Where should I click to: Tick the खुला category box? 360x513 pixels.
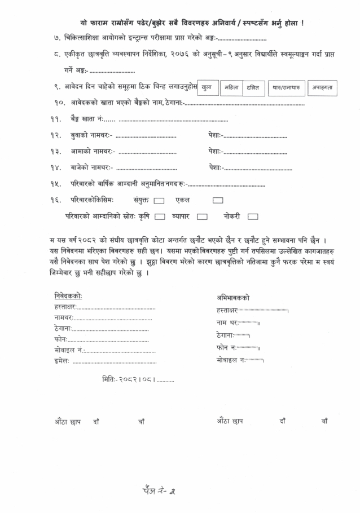coord(207,87)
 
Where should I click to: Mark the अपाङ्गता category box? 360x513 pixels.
coord(323,87)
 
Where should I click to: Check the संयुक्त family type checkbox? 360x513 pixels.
coord(159,200)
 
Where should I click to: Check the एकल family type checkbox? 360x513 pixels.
coord(218,200)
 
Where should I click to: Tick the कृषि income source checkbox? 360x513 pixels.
coord(160,216)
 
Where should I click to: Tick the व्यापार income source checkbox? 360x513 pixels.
coord(202,216)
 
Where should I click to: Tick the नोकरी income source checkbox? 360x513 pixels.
coord(252,216)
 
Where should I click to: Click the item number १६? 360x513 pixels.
coord(55,200)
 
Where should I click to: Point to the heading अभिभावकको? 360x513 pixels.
coord(233,298)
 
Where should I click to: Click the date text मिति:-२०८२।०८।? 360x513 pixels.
coord(128,379)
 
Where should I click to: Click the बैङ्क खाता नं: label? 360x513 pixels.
coord(87,120)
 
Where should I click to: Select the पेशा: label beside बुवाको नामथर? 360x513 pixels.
coord(216,135)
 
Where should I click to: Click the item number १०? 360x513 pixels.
coord(59,104)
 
